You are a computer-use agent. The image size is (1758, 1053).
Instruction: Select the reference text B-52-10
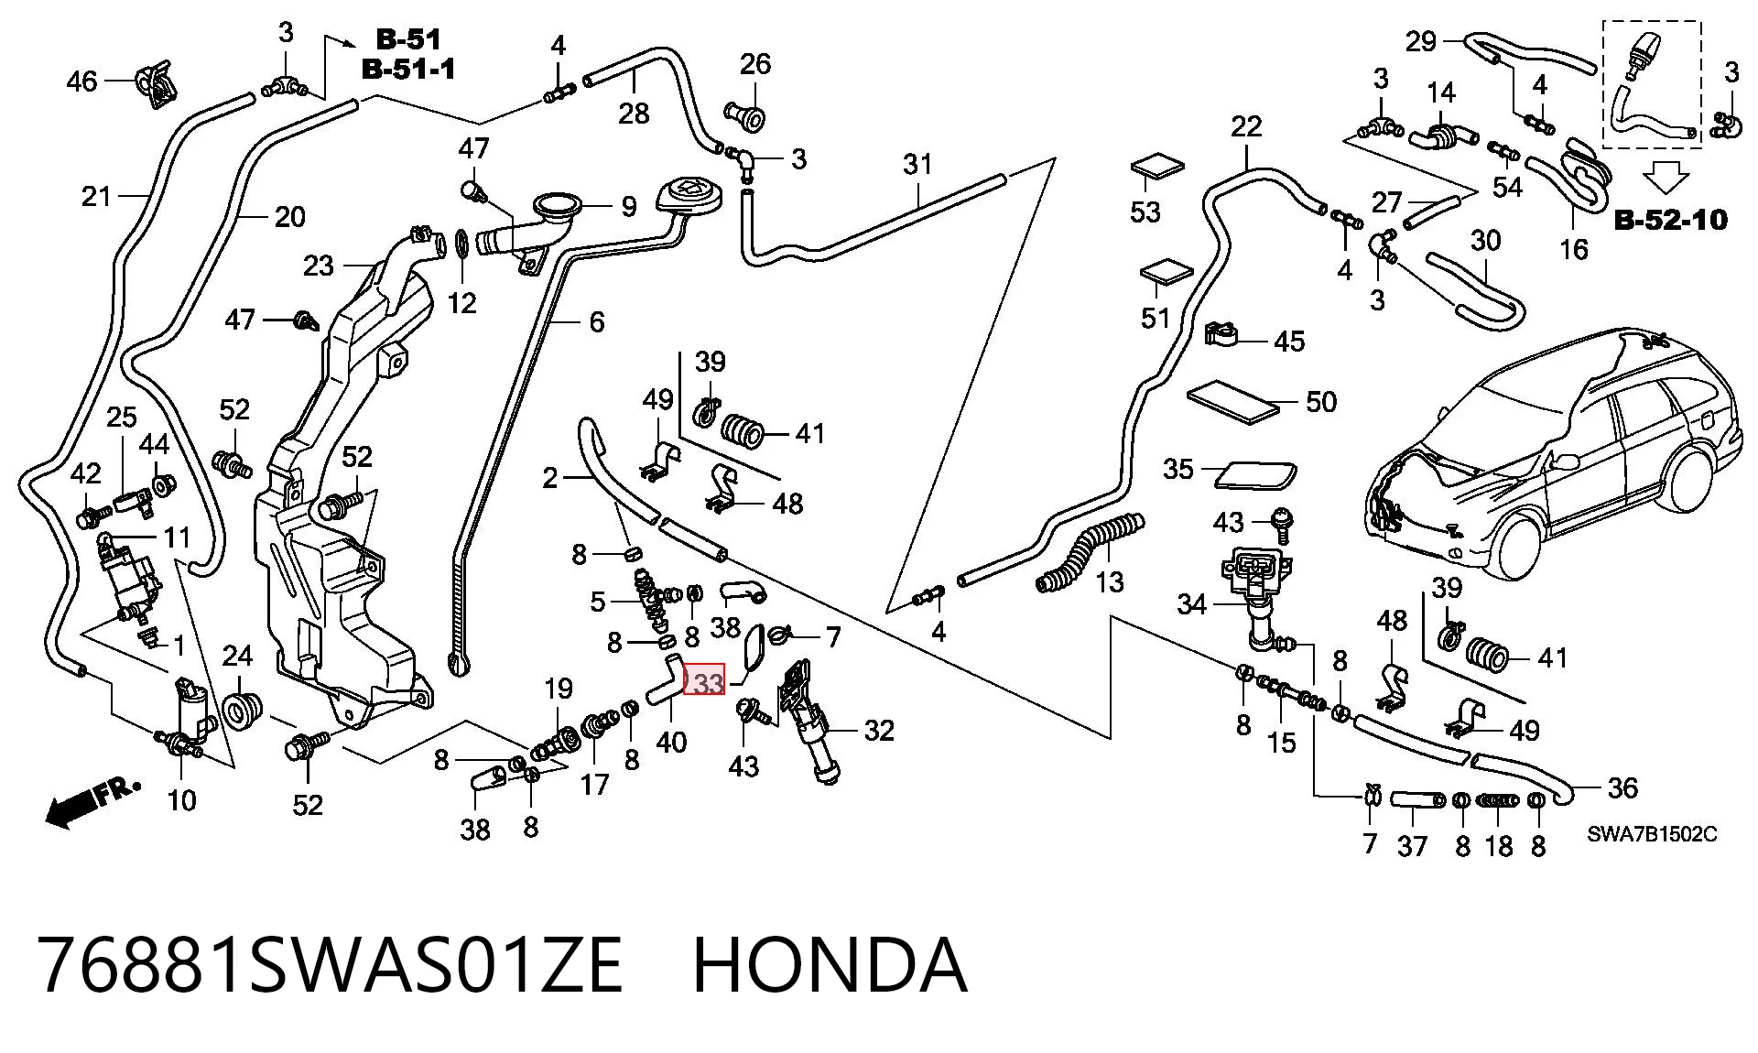(1670, 220)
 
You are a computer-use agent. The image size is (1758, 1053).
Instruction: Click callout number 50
(1320, 401)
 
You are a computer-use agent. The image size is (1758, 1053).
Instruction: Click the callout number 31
(917, 164)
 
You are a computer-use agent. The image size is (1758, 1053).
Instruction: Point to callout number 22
(1246, 126)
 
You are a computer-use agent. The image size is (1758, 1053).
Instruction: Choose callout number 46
(81, 81)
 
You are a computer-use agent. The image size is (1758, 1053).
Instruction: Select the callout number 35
(1178, 470)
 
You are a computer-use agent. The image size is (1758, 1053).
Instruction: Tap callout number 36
(1622, 787)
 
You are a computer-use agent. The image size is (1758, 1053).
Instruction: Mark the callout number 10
(181, 800)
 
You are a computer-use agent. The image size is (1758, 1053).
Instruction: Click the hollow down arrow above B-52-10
(1666, 177)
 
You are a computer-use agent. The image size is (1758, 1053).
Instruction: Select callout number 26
(755, 64)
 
